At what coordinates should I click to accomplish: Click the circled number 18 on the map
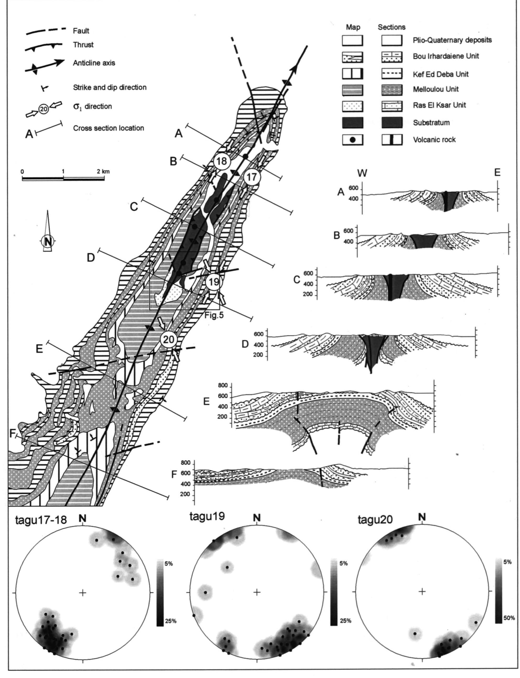point(222,161)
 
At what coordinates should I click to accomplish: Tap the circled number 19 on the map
point(214,282)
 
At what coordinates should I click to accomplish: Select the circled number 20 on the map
point(169,340)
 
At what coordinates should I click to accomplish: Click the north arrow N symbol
point(48,241)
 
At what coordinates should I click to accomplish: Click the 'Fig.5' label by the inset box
point(214,316)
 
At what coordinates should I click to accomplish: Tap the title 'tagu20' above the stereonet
point(375,519)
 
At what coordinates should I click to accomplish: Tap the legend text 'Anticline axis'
point(94,63)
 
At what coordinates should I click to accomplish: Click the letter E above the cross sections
point(497,173)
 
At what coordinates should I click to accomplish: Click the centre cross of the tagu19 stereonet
point(257,592)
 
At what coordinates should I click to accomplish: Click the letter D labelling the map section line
point(91,257)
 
